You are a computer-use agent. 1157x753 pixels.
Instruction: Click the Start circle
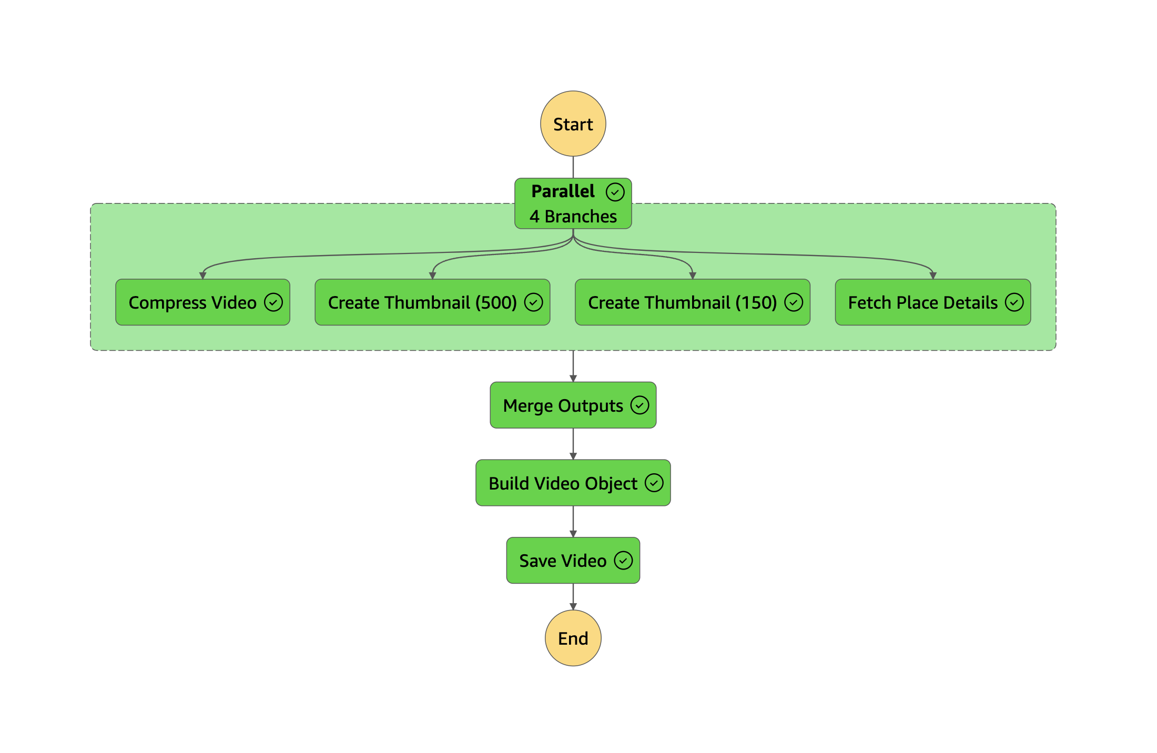[573, 124]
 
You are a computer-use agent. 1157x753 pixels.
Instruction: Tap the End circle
[573, 638]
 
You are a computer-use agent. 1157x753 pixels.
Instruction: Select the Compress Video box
[202, 302]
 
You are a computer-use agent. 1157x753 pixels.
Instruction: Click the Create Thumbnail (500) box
[432, 302]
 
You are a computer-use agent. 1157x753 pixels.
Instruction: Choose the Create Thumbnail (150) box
[692, 302]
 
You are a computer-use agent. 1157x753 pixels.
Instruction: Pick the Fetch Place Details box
[932, 302]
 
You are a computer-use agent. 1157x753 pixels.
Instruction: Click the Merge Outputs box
[573, 405]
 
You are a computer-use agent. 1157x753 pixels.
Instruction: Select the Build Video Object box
[573, 483]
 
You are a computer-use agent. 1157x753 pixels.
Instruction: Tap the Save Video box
[573, 561]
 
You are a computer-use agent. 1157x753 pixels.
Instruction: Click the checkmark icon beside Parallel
[615, 192]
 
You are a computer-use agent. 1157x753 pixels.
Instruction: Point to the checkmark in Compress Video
[273, 302]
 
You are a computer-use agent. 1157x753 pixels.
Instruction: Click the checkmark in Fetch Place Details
[1014, 302]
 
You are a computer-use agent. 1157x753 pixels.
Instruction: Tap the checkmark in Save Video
[623, 561]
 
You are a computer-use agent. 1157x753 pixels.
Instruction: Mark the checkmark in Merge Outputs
[640, 405]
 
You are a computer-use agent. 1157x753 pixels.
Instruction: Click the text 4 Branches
[573, 216]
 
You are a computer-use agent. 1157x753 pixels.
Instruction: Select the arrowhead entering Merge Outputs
[573, 379]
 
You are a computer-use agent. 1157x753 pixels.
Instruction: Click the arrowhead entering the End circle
[573, 607]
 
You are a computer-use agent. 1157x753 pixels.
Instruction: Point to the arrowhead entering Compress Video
[202, 276]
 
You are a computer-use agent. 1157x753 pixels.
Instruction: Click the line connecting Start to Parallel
[573, 167]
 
